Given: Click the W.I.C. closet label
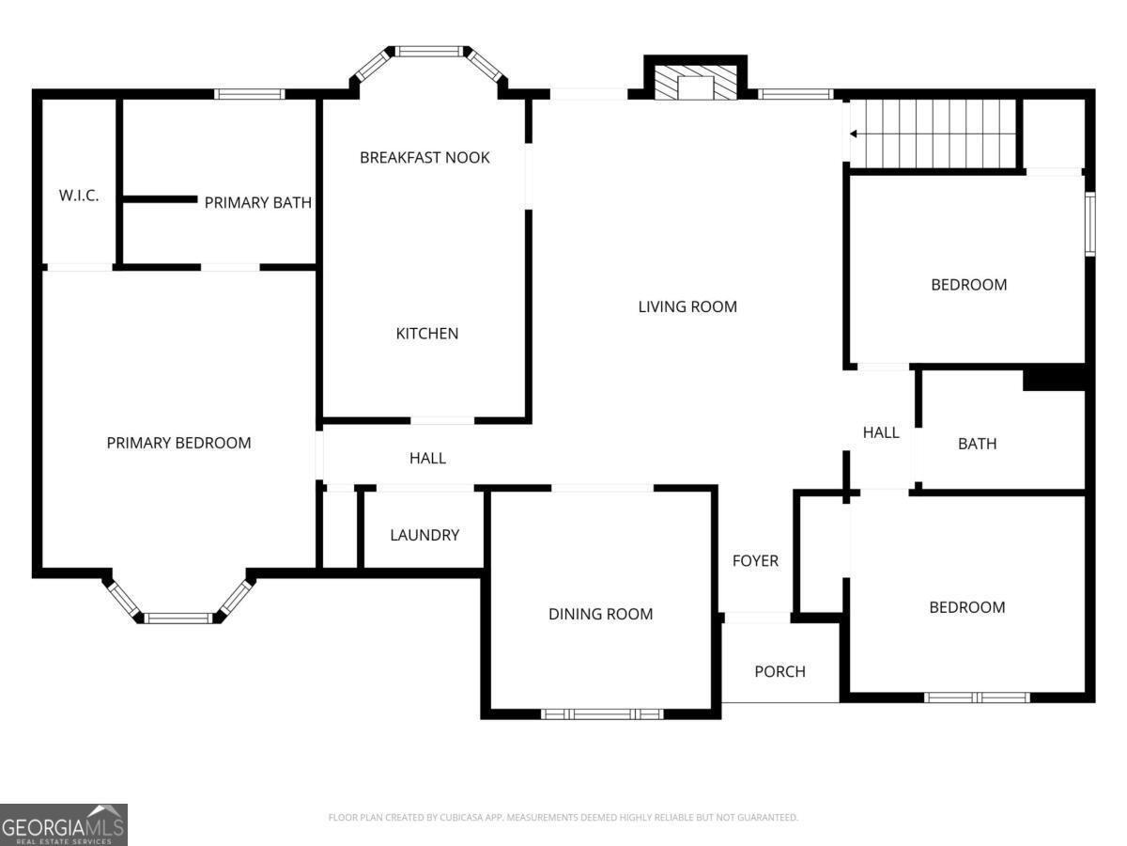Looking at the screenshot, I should (x=79, y=196).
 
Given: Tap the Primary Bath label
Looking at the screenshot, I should (x=257, y=202).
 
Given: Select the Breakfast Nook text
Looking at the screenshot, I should (x=425, y=157).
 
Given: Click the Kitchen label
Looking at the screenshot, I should (x=427, y=333).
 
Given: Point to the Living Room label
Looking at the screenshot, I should (x=687, y=306).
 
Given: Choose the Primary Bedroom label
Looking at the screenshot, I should (x=178, y=443).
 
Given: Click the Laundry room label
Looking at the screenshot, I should (x=425, y=535).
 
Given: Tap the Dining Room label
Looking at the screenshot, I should (x=600, y=614).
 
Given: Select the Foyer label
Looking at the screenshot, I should (x=755, y=560).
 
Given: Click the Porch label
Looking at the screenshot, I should (x=780, y=671).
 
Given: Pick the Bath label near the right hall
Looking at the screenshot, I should (x=977, y=444).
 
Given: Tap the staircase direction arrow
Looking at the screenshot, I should (x=853, y=133).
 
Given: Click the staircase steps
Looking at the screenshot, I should (x=939, y=133).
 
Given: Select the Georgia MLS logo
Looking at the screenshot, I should (x=64, y=824).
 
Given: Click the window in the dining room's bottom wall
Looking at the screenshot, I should (x=602, y=713).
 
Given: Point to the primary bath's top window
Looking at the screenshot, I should (x=249, y=94).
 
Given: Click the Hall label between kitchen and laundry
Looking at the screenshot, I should (x=427, y=458).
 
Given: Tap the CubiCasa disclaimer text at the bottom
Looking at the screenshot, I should (x=563, y=818).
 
